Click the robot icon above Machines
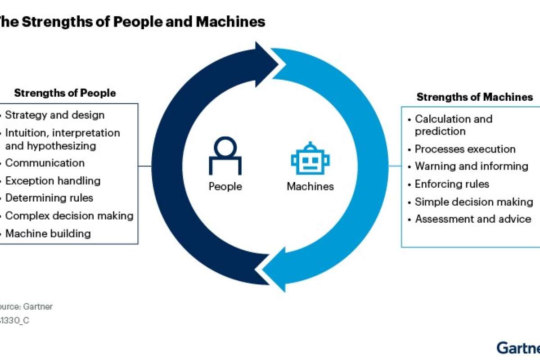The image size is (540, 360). click(x=310, y=159)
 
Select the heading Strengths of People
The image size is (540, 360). click(x=65, y=93)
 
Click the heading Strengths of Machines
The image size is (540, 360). click(x=475, y=97)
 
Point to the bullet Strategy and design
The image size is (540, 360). click(x=55, y=115)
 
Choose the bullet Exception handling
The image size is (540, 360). click(x=53, y=181)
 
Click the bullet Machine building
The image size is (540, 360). click(x=48, y=234)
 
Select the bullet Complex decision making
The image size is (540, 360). click(x=69, y=216)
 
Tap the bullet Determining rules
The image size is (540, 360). click(x=49, y=198)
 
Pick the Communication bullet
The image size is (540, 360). click(x=45, y=163)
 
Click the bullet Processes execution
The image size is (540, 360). click(x=465, y=149)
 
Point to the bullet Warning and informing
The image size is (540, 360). click(x=471, y=166)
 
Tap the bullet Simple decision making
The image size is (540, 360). click(x=474, y=202)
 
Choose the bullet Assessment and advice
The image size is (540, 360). click(x=473, y=219)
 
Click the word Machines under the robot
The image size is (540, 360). click(x=310, y=186)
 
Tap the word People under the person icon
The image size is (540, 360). click(x=225, y=186)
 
